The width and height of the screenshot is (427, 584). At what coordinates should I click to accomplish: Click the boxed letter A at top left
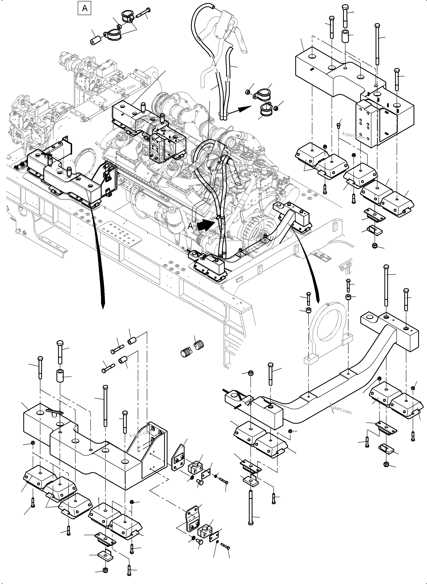pos(85,8)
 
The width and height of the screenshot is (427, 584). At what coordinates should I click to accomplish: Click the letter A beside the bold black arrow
pos(190,226)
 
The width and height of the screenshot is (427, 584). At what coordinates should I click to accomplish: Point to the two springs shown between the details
pos(192,349)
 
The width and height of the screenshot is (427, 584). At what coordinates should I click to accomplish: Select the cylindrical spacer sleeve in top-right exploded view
pos(346,36)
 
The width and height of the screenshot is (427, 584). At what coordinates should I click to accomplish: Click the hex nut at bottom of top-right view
pos(374,246)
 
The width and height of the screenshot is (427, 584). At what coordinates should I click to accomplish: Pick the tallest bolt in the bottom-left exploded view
pos(105,406)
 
